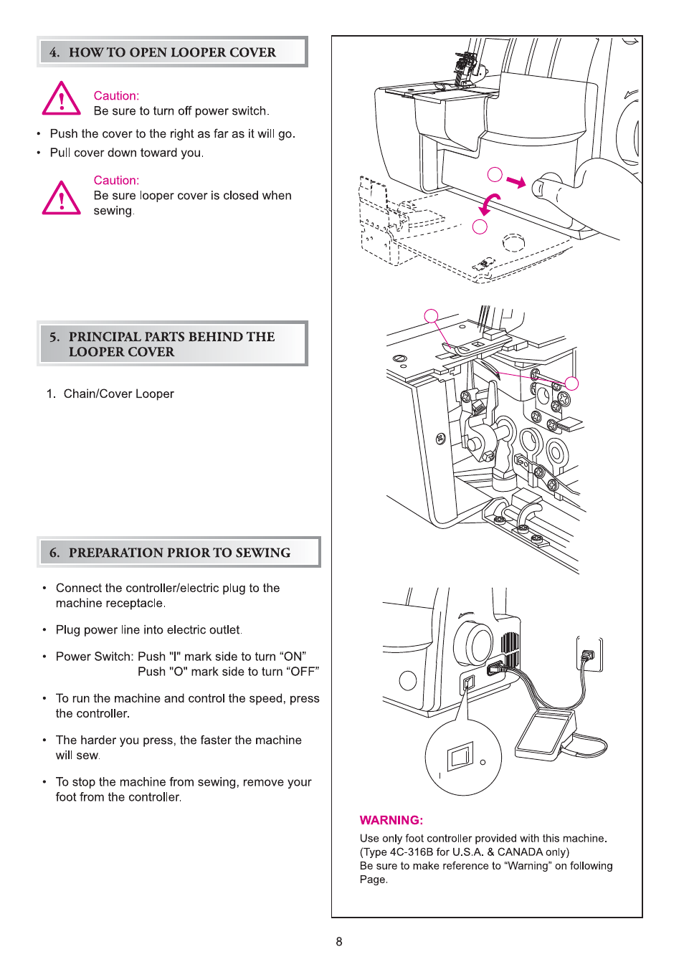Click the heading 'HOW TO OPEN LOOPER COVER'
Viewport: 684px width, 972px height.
[172, 52]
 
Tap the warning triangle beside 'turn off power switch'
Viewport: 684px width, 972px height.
[62, 99]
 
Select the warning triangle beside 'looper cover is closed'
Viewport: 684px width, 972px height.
[62, 198]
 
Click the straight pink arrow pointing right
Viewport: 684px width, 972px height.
[516, 181]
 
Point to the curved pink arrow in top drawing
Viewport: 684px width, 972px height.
[489, 204]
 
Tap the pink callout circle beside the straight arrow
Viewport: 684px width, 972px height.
[495, 174]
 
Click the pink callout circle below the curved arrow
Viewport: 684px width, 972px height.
[480, 227]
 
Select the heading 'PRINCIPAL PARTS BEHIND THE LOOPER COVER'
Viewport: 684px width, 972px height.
[172, 344]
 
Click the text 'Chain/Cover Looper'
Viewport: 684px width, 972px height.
[119, 394]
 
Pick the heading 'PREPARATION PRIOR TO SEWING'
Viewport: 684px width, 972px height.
[179, 553]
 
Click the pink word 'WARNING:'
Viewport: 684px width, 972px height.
[391, 820]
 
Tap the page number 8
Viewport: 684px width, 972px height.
[339, 941]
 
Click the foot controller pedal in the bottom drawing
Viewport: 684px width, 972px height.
[543, 734]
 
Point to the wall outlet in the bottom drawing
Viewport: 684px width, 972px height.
[589, 654]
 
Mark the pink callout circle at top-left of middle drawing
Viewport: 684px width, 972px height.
[431, 316]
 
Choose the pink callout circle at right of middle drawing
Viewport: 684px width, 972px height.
[571, 383]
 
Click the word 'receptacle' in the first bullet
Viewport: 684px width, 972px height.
[133, 604]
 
